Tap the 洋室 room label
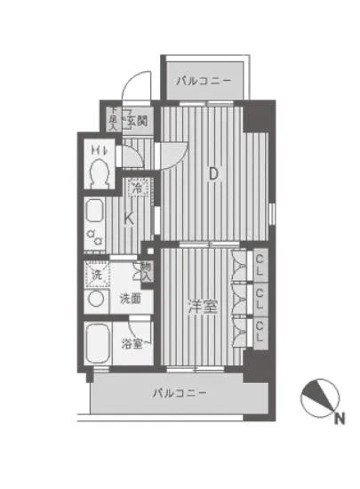pyautogui.click(x=203, y=306)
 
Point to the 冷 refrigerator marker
pyautogui.click(x=137, y=188)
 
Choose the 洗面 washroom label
pyautogui.click(x=130, y=299)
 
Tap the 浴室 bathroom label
pyautogui.click(x=133, y=343)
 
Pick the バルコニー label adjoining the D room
pyautogui.click(x=204, y=81)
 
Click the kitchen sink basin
pyautogui.click(x=95, y=212)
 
